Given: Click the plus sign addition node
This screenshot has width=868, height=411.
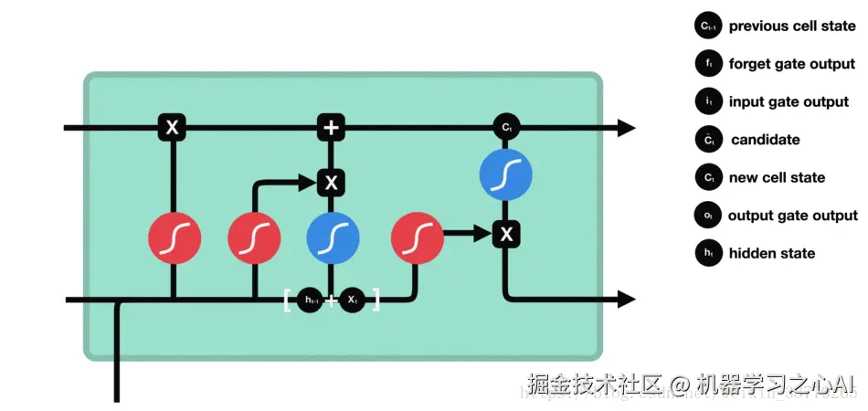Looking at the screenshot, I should coord(331,128).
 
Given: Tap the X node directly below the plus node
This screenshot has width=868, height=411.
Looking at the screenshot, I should coord(331,183).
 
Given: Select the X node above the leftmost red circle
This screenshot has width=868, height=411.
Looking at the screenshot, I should coord(172,128).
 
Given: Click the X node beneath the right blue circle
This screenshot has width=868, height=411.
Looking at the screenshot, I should coord(506,235).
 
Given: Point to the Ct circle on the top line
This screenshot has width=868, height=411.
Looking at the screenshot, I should coord(506,128).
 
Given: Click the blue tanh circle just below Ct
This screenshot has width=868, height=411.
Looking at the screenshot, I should coord(506,174).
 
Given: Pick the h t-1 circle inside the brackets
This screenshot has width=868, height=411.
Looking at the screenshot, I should coord(310,299).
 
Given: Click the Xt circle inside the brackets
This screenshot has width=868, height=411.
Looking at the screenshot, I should coord(352,299).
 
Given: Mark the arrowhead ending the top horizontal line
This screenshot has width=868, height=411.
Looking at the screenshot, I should coord(626,128).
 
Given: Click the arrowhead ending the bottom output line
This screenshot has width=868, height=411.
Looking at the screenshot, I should coord(626,299).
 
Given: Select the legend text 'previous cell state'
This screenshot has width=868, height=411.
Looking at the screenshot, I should coord(791,26).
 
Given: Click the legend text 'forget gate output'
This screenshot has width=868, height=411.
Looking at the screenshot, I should coord(791,64).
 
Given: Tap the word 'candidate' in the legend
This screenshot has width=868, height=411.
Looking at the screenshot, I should coord(765,140).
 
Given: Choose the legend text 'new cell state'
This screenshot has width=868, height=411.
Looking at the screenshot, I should coord(777,178).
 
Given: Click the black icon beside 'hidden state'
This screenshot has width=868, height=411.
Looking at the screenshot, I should coord(707,254).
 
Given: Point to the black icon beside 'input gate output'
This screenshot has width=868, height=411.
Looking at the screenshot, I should coord(707,102).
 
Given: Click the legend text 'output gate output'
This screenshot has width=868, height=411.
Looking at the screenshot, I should coord(792,216).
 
